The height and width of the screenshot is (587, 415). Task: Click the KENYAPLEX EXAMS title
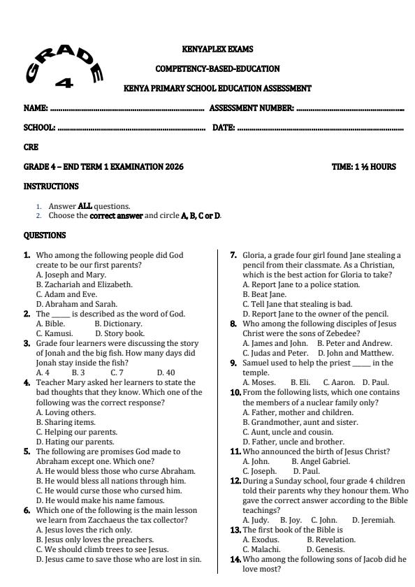pyautogui.click(x=217, y=50)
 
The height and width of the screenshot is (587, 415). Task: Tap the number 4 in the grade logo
pyautogui.click(x=64, y=83)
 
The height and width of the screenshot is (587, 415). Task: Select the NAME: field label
pyautogui.click(x=36, y=108)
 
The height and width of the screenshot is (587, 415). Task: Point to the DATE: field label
pyautogui.click(x=223, y=128)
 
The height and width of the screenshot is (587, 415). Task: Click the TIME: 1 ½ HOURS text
pyautogui.click(x=363, y=167)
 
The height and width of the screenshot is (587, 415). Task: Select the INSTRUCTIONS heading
pyautogui.click(x=51, y=187)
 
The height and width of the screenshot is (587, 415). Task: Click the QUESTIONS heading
pyautogui.click(x=45, y=235)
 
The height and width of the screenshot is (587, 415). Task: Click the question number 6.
pyautogui.click(x=27, y=510)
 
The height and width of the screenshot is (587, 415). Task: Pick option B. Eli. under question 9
pyautogui.click(x=300, y=382)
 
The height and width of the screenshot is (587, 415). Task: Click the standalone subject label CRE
pyautogui.click(x=31, y=147)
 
